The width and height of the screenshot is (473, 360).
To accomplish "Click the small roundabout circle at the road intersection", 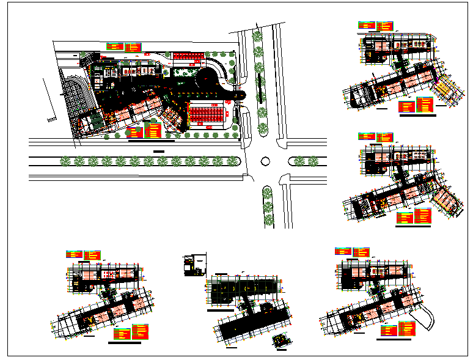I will pyautogui.click(x=265, y=161).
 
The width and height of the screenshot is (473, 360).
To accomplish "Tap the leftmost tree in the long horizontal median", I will pyautogui.click(x=65, y=161).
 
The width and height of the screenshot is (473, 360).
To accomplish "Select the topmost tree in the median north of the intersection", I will pyautogui.click(x=257, y=35).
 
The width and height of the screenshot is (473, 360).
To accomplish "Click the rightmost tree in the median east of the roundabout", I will pyautogui.click(x=317, y=161).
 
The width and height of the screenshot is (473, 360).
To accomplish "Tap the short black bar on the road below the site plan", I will pyautogui.click(x=159, y=150).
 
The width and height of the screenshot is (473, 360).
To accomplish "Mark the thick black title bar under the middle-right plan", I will pyautogui.click(x=417, y=226).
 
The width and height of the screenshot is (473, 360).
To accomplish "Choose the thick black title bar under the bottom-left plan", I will pyautogui.click(x=124, y=343).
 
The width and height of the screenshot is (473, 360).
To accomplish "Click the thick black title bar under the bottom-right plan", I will pyautogui.click(x=394, y=339).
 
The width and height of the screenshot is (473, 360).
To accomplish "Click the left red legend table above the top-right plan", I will pyautogui.click(x=367, y=26).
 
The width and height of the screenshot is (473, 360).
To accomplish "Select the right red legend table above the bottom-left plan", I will pyautogui.click(x=92, y=254).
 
